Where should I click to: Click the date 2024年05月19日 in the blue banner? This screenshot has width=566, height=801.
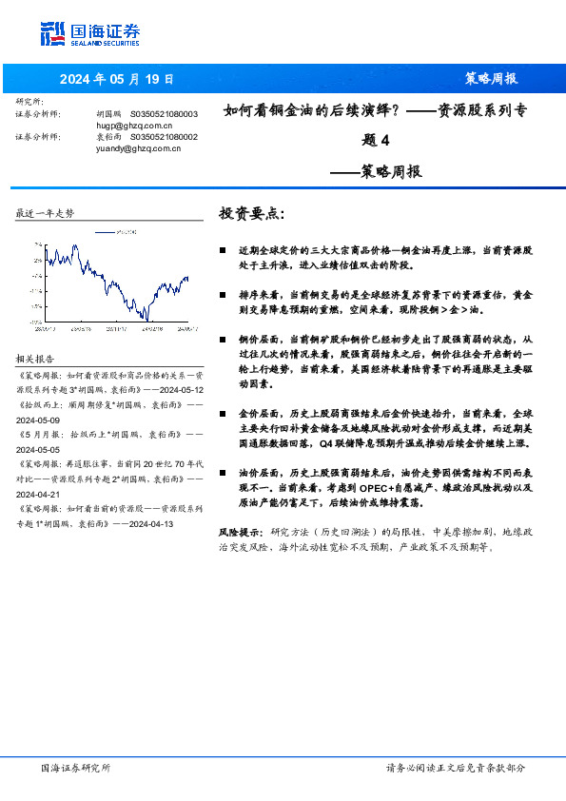tap(117, 79)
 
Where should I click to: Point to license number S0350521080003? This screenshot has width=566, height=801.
tap(165, 114)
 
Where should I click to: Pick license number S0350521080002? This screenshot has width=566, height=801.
tap(165, 137)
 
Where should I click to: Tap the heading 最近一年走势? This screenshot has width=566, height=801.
tap(45, 213)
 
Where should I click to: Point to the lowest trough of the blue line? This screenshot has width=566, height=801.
tap(145, 319)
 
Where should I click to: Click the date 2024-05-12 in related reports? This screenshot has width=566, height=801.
tap(176, 390)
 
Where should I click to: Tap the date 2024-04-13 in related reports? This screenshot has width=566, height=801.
tap(152, 523)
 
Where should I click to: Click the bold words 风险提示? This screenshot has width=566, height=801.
tap(240, 533)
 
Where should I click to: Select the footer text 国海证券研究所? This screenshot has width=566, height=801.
tap(76, 768)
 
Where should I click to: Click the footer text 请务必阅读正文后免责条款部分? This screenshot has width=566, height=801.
tap(455, 768)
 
